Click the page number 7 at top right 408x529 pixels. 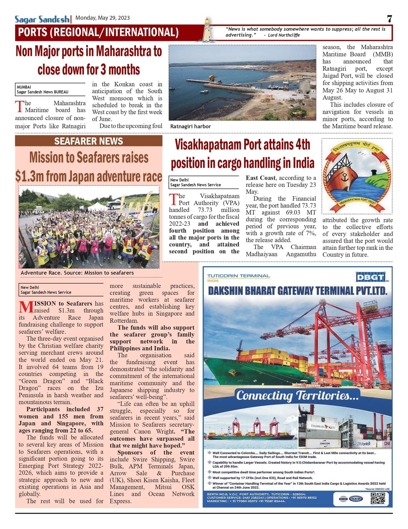coord(389,19)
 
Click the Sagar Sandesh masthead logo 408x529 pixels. coord(42,19)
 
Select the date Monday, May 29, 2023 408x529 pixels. coord(103,18)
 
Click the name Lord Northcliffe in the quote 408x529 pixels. coord(284,35)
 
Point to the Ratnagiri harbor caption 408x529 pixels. coord(191,126)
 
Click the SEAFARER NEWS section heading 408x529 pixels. coord(89,141)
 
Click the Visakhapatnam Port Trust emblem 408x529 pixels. coord(357,176)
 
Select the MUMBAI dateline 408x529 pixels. coord(24,87)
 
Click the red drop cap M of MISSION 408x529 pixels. coord(26,307)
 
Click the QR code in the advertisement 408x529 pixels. coord(378,499)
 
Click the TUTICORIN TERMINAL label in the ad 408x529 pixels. coord(238,276)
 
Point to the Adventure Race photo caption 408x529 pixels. coord(77,273)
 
